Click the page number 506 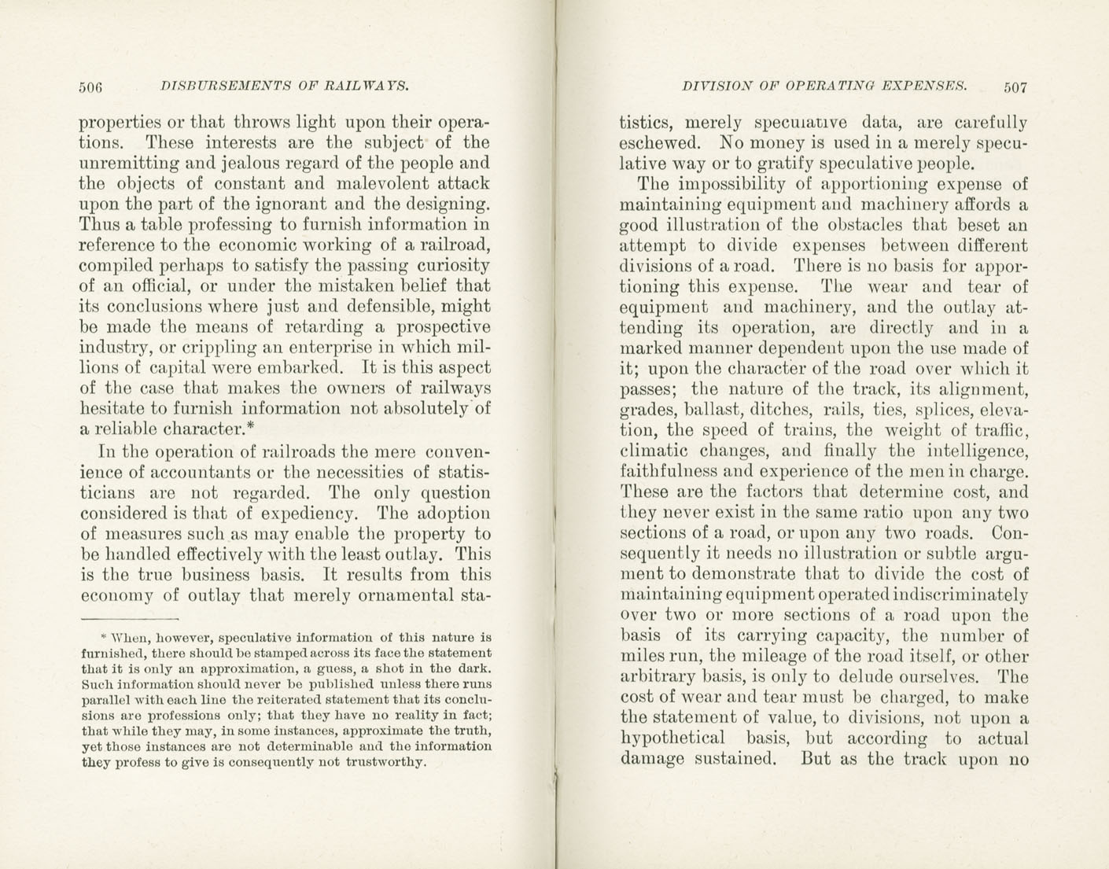click(x=91, y=87)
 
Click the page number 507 click(x=1015, y=87)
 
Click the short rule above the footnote click(x=130, y=618)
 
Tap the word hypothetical click(x=673, y=738)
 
